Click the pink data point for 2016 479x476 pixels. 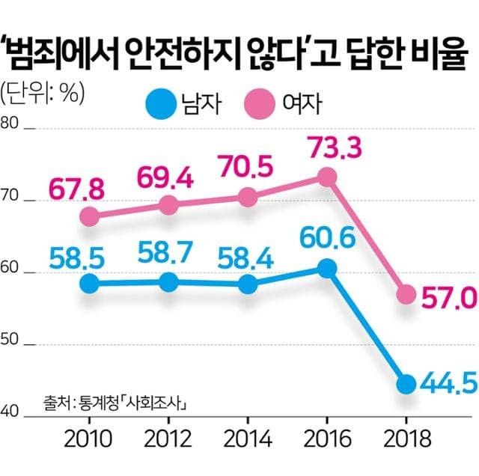[326, 177]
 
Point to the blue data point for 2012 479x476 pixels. [169, 282]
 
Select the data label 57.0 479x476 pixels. [448, 299]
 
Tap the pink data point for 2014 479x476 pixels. [248, 198]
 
